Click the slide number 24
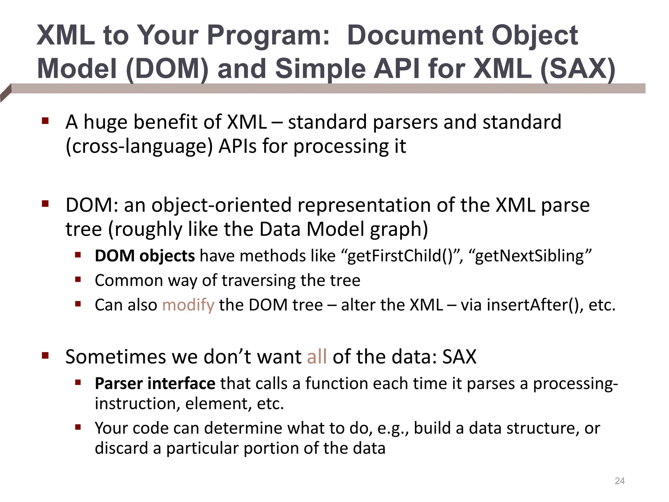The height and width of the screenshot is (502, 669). (x=619, y=481)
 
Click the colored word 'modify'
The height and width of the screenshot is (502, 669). (x=188, y=305)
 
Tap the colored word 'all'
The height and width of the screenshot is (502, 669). (x=317, y=357)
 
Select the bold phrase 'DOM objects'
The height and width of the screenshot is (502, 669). (x=145, y=256)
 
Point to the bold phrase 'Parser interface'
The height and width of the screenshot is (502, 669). (x=155, y=383)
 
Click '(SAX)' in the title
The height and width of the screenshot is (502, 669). (x=578, y=69)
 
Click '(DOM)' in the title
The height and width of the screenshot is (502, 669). (x=167, y=69)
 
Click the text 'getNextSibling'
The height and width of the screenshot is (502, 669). (x=529, y=256)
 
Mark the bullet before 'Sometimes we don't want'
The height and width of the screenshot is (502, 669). (x=45, y=356)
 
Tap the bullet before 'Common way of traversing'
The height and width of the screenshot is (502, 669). (x=78, y=280)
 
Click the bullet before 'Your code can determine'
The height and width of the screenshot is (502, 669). (x=78, y=427)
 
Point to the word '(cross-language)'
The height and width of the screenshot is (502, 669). (x=139, y=146)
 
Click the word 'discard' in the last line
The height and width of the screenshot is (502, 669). (x=121, y=448)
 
